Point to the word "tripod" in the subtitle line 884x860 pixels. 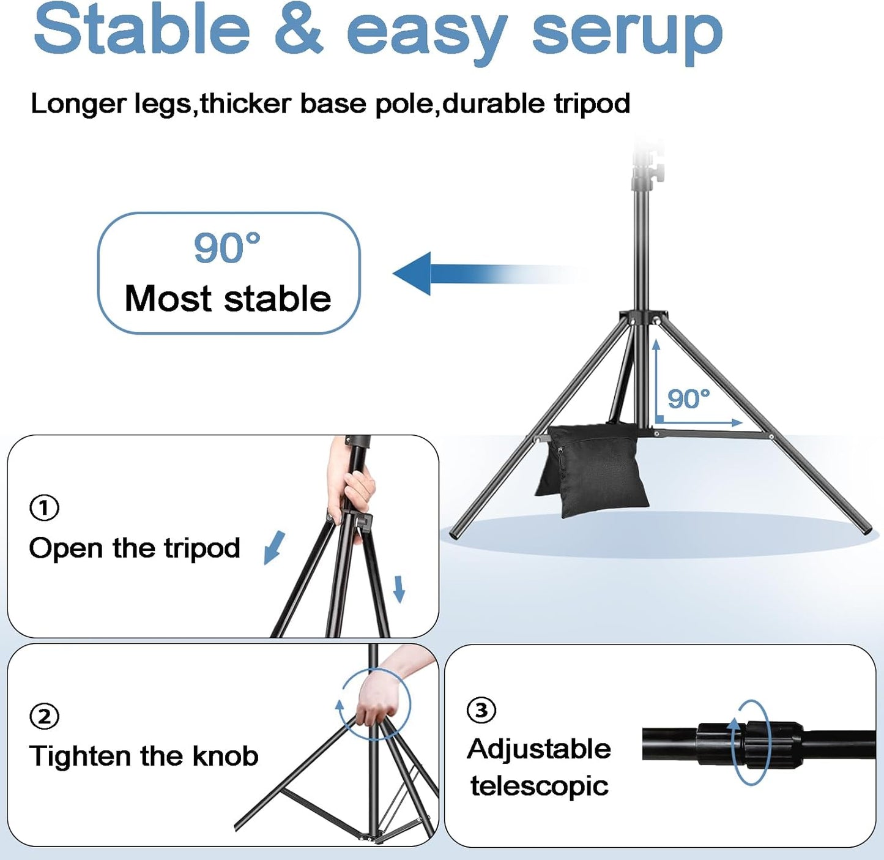(x=592, y=103)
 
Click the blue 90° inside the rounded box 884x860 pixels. (x=227, y=248)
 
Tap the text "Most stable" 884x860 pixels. (x=228, y=299)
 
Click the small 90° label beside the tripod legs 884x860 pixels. (x=688, y=399)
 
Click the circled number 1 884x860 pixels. (x=45, y=507)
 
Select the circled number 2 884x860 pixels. (x=45, y=716)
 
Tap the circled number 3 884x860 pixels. (x=481, y=710)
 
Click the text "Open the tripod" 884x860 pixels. (x=135, y=548)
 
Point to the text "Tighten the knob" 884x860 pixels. (x=144, y=756)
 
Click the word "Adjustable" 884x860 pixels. (x=539, y=749)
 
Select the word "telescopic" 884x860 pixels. (x=539, y=786)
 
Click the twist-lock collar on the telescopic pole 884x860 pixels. (x=750, y=743)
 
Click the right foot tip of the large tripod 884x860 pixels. (x=866, y=529)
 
